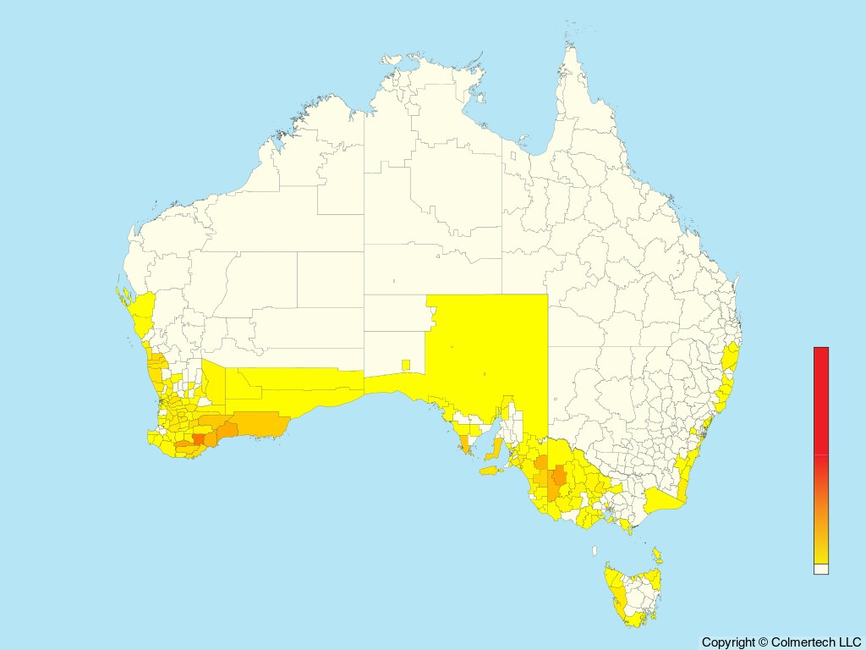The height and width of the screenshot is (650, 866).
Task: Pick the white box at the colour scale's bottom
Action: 821,570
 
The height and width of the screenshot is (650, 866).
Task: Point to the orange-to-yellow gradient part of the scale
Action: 821,516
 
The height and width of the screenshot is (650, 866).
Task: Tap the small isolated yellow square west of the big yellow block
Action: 406,365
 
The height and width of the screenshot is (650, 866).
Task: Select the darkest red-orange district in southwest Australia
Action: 199,439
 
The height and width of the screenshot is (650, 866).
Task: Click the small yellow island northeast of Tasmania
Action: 657,555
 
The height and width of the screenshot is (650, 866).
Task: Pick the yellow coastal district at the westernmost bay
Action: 141,313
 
